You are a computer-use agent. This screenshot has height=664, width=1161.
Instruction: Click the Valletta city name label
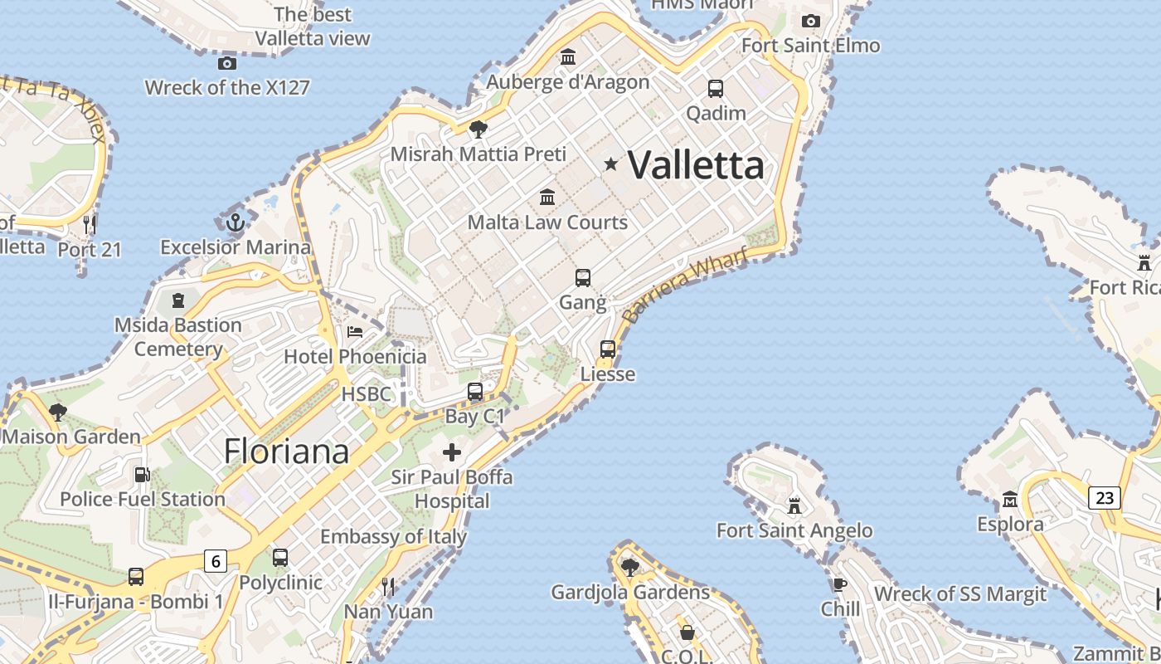tap(696, 164)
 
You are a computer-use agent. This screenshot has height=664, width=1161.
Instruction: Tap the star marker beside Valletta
tap(611, 164)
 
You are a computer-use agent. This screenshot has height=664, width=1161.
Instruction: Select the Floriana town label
tap(286, 452)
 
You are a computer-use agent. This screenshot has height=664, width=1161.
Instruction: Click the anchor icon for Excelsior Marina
tap(236, 222)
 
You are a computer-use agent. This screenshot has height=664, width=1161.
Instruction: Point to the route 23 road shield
tap(1105, 497)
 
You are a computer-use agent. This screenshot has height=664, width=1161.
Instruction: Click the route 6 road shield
tap(216, 562)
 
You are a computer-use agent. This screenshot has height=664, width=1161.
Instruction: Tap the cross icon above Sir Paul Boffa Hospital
tap(452, 452)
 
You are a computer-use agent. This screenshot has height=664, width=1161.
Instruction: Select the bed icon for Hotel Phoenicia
tap(355, 332)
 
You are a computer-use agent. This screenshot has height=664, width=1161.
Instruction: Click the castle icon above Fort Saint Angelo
tap(794, 505)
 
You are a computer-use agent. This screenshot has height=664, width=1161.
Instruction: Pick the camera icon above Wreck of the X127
tap(226, 63)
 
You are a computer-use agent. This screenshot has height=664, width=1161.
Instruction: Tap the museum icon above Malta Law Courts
tap(547, 198)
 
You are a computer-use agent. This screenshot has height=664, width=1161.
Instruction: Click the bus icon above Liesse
tap(608, 349)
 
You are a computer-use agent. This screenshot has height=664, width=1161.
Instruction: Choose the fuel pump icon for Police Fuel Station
tap(142, 475)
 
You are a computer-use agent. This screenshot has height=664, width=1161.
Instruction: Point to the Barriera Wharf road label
tap(685, 286)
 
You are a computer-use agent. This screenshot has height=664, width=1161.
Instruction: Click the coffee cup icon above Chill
tap(840, 584)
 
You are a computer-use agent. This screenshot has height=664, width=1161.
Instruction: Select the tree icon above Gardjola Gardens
tap(630, 567)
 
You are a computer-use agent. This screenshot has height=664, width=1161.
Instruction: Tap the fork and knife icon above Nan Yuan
tap(388, 587)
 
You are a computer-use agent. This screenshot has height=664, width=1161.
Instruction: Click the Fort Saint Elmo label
tap(810, 45)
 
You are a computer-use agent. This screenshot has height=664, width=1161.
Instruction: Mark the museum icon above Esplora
tap(1010, 500)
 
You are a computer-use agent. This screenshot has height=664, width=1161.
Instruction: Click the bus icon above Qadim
tap(716, 88)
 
